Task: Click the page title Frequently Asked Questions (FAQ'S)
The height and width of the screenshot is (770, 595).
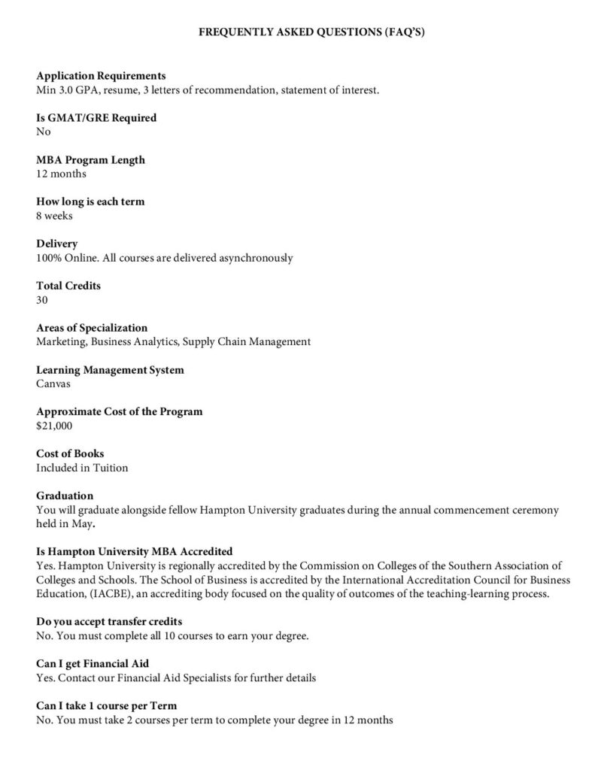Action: pos(297,34)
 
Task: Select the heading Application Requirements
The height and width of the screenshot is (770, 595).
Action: pos(101,76)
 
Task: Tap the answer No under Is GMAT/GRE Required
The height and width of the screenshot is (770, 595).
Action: pos(44,132)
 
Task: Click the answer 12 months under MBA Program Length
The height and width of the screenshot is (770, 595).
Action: pos(61,174)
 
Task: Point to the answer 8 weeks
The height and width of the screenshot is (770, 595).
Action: pos(54,216)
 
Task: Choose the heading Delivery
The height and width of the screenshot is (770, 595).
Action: pos(56,244)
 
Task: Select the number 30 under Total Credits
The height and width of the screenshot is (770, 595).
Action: pos(42,300)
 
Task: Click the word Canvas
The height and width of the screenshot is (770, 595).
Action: pos(53,383)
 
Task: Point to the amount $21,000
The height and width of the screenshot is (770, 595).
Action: pos(54,426)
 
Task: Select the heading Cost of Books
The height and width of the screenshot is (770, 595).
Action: pos(70,453)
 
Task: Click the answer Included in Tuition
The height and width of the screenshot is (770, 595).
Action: pos(82,468)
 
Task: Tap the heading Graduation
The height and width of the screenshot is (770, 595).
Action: pos(65,496)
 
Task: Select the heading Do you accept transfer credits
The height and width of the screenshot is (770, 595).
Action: pos(109,622)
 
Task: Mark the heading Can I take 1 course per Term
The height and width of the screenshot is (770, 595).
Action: pos(107,706)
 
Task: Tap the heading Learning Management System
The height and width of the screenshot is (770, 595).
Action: pos(110,370)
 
